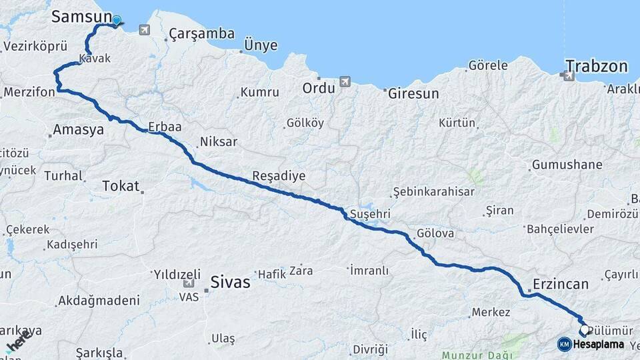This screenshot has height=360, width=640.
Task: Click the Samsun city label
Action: coord(82,17)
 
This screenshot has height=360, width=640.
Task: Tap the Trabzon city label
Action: coord(597,66)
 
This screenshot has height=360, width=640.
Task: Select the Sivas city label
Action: coord(230,282)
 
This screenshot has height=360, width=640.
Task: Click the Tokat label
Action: coord(121,186)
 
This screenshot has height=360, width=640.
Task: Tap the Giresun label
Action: coord(413,94)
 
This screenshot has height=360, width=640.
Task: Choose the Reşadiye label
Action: coord(278,176)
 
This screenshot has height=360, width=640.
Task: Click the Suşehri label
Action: coord(370,214)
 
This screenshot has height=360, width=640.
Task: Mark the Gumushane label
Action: coord(567,165)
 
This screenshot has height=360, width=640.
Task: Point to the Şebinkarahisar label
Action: coord(433,192)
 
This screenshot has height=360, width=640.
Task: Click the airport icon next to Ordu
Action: coord(345,81)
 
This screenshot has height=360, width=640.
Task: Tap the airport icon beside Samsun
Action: coord(145,30)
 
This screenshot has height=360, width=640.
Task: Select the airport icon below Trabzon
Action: coord(569,76)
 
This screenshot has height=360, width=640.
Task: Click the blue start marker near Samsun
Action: coord(117,21)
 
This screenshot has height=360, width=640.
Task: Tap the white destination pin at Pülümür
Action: coord(585,329)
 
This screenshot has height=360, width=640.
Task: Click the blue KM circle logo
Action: coord(564,344)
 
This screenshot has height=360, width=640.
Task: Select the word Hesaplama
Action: coord(598,345)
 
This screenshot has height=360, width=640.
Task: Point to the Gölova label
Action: coord(435,234)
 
